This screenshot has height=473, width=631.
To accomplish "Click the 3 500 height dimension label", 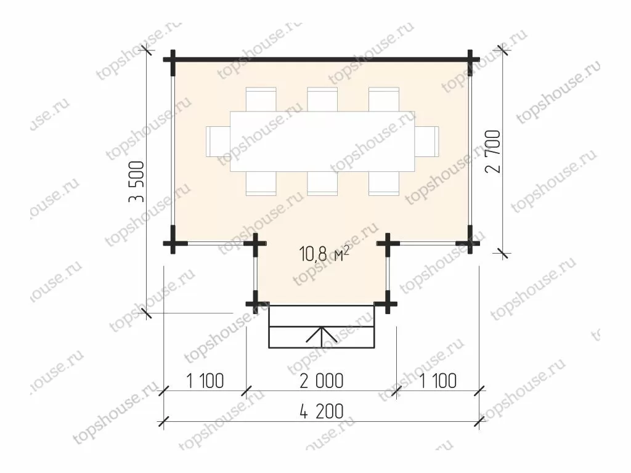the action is (136, 182).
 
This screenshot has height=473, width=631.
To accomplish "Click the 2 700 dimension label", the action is (494, 152).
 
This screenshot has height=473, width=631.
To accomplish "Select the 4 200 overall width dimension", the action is (322, 411).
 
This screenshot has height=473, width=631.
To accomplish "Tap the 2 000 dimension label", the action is (322, 381).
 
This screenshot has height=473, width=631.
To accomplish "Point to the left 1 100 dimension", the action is (205, 381).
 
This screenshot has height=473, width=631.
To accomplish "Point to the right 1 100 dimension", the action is (438, 381).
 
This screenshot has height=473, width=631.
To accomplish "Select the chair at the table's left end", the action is (218, 142).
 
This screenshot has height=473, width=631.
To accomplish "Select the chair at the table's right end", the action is (427, 142).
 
